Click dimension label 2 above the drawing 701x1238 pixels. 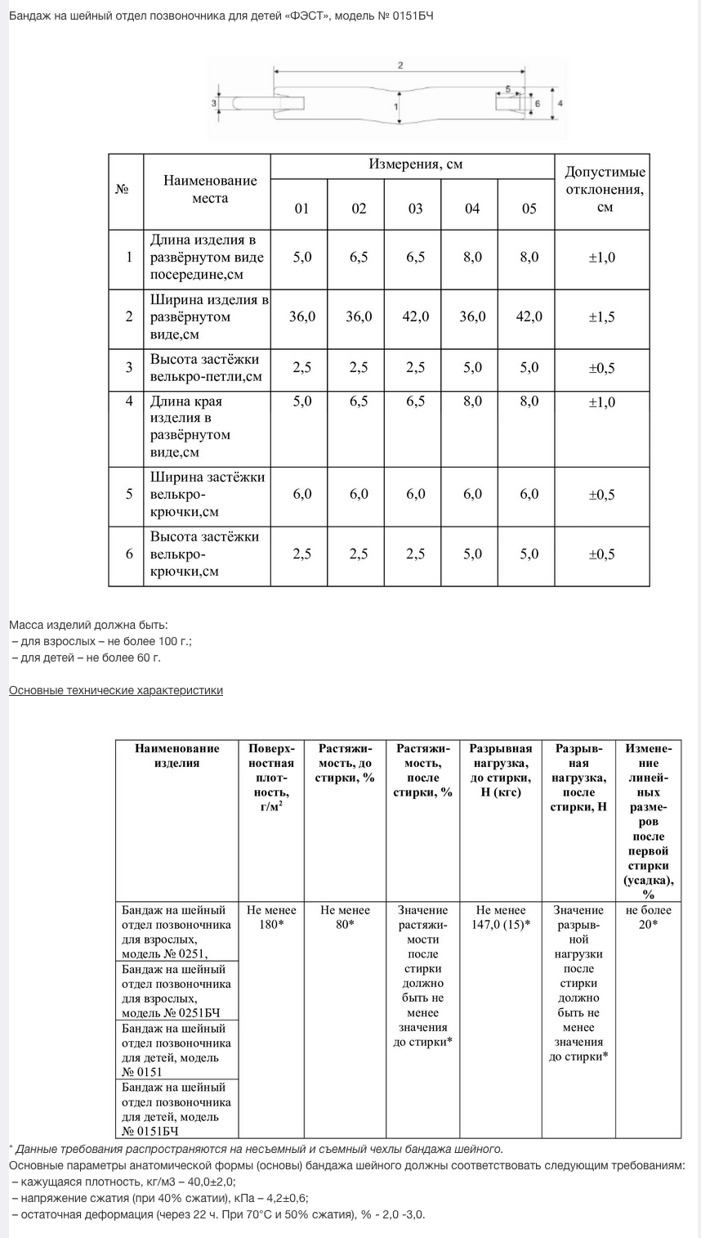[400, 65]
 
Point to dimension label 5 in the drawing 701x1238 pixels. [508, 87]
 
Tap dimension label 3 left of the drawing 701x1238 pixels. [214, 104]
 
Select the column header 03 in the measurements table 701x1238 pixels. [416, 209]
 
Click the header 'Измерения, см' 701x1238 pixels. [415, 164]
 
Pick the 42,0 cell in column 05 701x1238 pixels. [529, 316]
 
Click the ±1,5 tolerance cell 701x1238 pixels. [601, 317]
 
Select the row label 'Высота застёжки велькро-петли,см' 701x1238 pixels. [205, 368]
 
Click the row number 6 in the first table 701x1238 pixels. [129, 554]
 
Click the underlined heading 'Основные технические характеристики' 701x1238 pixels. [116, 690]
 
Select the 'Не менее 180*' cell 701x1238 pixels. [271, 917]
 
